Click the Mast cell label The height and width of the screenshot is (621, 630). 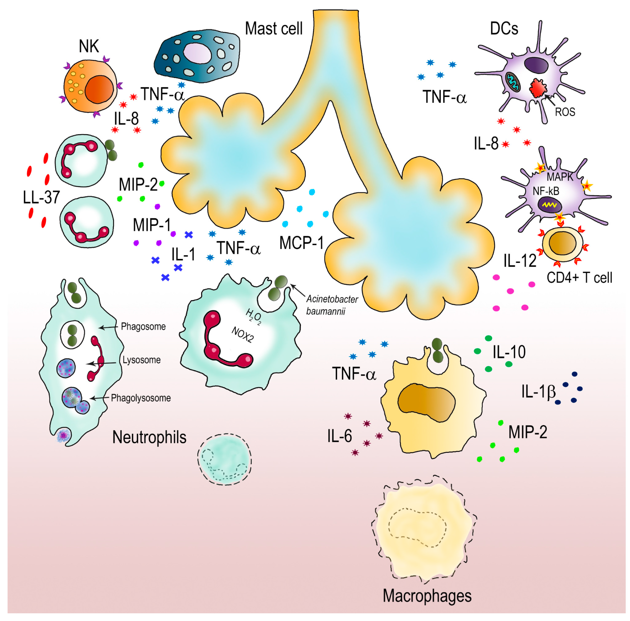(274, 29)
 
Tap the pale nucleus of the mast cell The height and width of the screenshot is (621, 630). (198, 53)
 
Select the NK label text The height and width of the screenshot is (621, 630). (89, 46)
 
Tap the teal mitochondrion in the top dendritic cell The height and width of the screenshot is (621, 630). (513, 82)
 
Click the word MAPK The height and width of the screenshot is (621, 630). (559, 177)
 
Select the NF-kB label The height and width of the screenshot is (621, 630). (546, 191)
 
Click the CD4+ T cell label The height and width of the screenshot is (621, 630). (579, 278)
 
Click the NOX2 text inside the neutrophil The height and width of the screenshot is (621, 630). (242, 335)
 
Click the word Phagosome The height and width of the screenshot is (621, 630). (143, 327)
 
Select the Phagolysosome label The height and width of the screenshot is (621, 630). (141, 398)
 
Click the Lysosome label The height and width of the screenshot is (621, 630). (142, 360)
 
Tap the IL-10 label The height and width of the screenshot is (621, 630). (509, 352)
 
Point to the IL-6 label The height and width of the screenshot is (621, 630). (339, 436)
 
